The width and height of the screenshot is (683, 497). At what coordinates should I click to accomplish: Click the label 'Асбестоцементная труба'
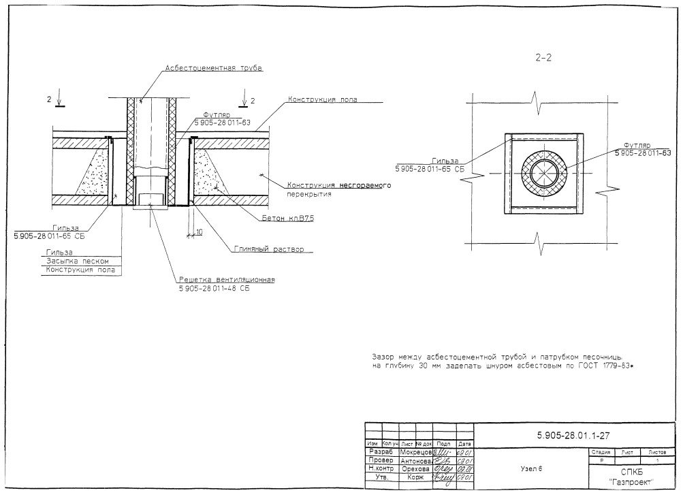click(213, 68)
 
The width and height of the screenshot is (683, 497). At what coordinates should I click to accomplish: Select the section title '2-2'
click(543, 59)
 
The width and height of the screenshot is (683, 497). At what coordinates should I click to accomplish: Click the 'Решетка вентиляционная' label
click(227, 280)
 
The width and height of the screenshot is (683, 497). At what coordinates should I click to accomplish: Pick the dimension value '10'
click(199, 232)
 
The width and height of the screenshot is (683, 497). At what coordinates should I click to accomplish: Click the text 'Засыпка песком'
click(72, 261)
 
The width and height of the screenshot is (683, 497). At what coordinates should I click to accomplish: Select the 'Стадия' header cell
click(601, 451)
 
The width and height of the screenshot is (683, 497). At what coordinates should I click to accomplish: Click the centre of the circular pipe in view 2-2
click(543, 174)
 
